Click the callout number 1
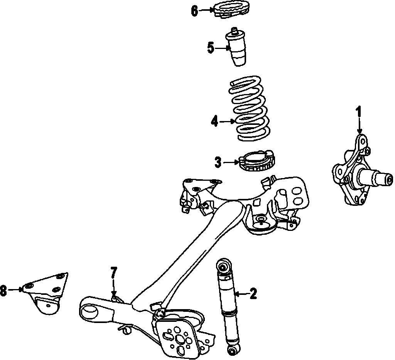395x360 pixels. tap(358, 112)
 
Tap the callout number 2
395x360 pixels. tap(253, 294)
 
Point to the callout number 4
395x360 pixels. tap(215, 122)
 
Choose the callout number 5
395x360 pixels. tap(211, 48)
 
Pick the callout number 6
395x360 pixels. tap(194, 11)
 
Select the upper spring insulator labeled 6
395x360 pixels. tap(231, 10)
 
